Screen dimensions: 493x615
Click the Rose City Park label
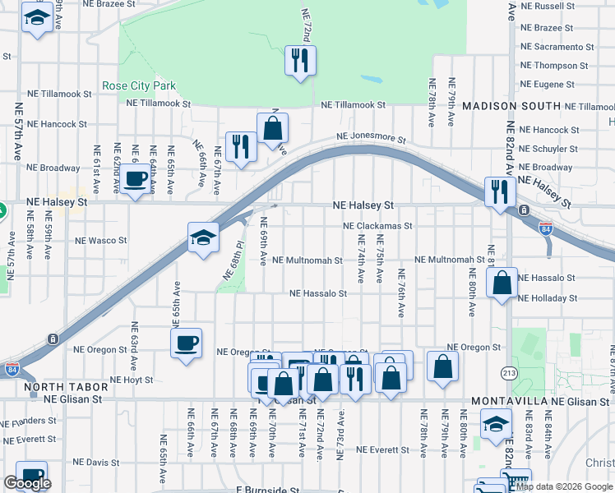[139, 85]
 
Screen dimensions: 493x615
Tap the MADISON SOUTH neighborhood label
[511, 107]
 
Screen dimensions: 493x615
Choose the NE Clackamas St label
[377, 225]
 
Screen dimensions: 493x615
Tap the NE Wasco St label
[101, 242]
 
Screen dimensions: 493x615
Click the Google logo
[27, 483]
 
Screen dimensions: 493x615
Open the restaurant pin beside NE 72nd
[300, 59]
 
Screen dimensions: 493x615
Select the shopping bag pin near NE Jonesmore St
[272, 128]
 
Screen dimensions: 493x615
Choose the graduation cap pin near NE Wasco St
[203, 237]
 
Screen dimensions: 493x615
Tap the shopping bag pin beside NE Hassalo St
[502, 283]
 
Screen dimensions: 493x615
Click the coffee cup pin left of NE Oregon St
[186, 342]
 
